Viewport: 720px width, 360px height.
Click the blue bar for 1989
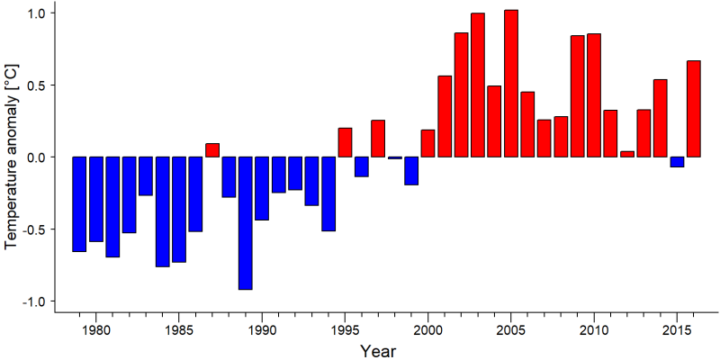coord(245,223)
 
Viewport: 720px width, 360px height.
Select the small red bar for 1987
coord(212,150)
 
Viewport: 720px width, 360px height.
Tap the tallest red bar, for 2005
coord(511,83)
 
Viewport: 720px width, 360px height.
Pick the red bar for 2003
coord(478,85)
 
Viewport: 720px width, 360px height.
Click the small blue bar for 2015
coord(677,162)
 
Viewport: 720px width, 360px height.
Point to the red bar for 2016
coord(693,109)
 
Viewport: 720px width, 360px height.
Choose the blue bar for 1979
coord(79,204)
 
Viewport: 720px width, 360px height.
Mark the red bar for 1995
coord(345,142)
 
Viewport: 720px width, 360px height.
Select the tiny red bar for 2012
coord(627,154)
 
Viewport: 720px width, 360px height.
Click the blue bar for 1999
coord(411,171)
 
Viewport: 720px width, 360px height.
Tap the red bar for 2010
coord(594,95)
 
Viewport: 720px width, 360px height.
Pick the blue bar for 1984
coord(163,211)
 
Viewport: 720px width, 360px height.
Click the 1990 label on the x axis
coord(262,331)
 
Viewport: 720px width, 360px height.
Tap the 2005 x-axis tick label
coord(511,331)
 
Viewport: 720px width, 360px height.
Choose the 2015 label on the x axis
coord(677,331)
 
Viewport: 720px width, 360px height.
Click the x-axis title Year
coord(377,351)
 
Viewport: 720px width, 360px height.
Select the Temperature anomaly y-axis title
coord(13,156)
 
